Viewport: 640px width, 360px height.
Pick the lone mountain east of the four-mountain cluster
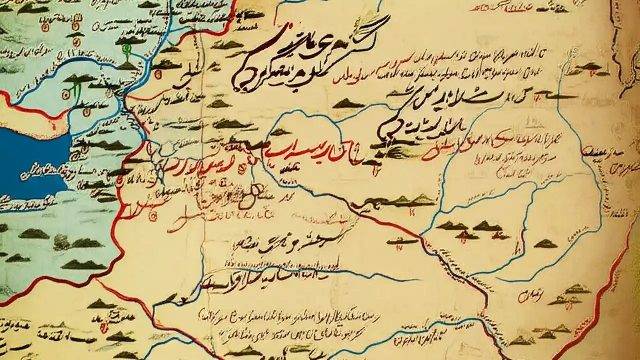(x=545, y=244)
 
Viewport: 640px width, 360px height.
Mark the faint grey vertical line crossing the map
(x=202, y=200)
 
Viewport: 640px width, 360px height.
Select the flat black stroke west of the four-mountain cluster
(x=402, y=242)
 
